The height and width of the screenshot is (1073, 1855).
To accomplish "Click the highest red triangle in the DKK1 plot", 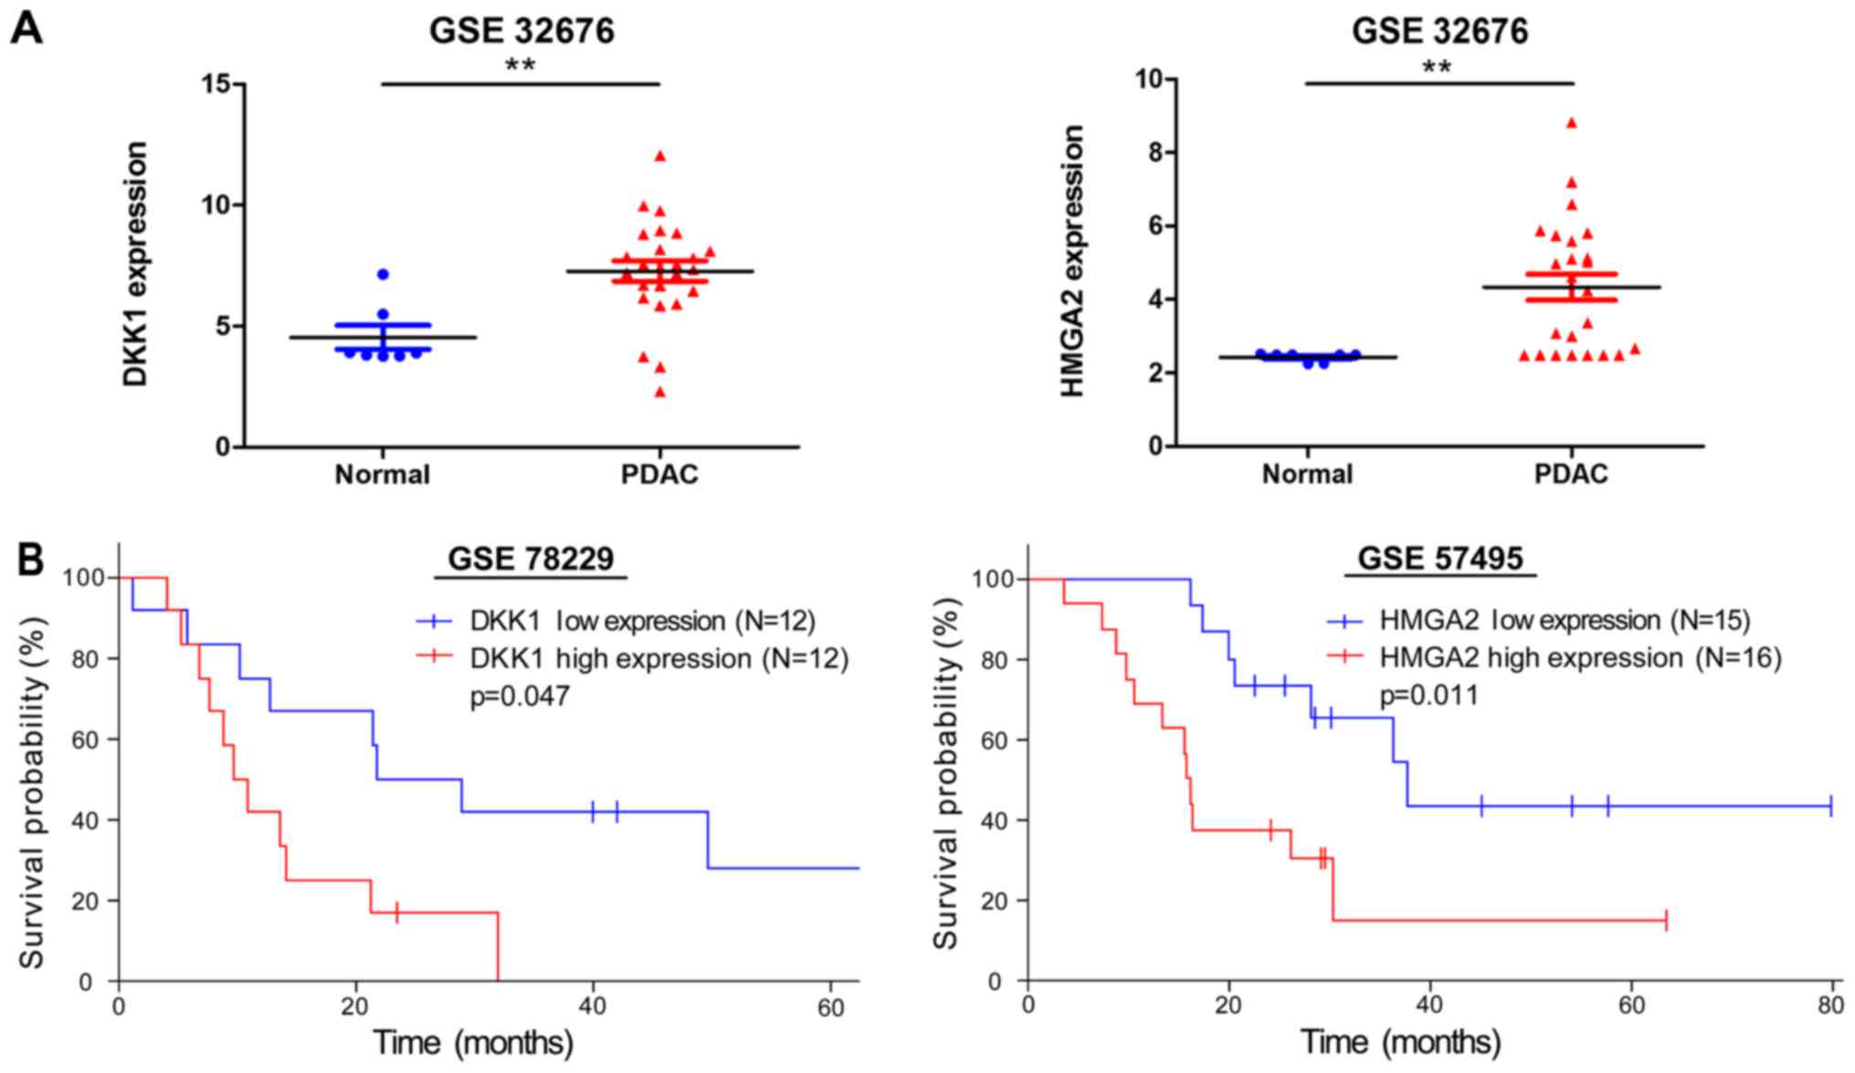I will (659, 156).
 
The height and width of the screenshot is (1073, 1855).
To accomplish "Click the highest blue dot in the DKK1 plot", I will (383, 274).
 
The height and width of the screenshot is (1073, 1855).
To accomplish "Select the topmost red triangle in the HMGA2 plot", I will (1571, 122).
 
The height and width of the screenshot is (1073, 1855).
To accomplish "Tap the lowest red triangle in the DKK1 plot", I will (659, 392).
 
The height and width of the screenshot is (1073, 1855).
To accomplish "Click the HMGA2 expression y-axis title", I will (1073, 261).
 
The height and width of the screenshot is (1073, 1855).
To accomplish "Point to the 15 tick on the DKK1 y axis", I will (219, 84).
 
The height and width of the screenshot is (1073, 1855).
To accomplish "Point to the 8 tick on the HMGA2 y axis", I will (1154, 153).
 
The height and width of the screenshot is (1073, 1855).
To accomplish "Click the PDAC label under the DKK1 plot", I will (659, 475).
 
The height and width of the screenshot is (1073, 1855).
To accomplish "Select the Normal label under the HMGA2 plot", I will (1307, 475).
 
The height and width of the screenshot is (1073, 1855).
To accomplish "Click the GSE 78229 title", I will (531, 559).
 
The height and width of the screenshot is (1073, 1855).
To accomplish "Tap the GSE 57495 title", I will (1440, 558).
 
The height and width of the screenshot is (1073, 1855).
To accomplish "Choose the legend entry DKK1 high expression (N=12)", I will (659, 658).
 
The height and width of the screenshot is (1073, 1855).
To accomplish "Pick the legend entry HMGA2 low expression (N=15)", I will (1565, 621).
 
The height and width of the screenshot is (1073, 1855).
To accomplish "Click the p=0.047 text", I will (520, 697).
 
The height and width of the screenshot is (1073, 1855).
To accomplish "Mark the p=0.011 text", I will (1428, 696).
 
